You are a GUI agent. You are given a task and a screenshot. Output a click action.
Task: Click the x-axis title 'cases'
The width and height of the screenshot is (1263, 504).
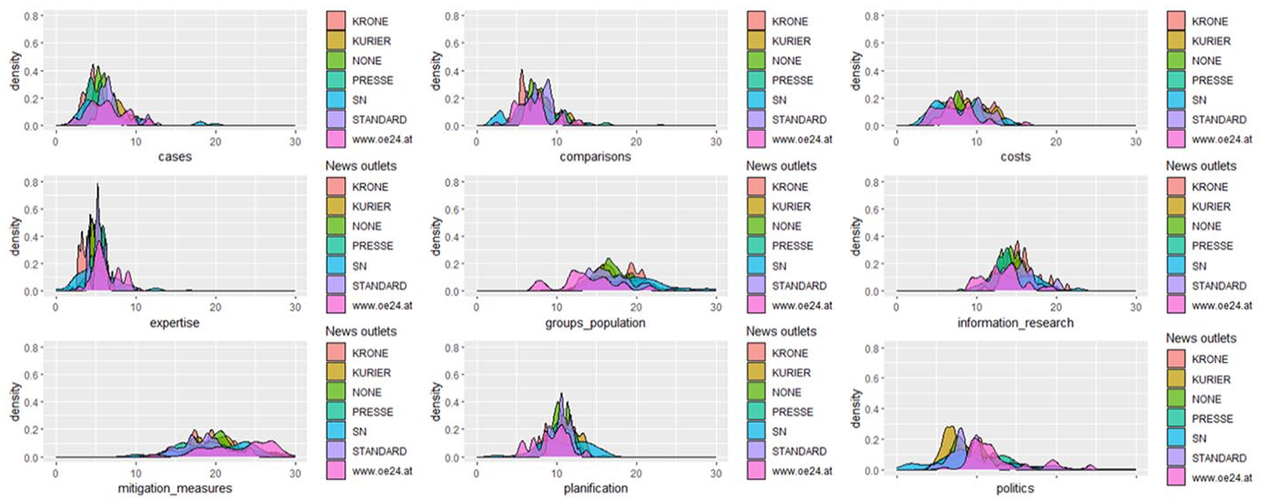click(174, 156)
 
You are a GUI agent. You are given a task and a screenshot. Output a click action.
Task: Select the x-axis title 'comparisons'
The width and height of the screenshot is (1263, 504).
click(596, 156)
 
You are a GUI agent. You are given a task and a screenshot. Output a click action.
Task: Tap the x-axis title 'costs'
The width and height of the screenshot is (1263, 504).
click(1015, 156)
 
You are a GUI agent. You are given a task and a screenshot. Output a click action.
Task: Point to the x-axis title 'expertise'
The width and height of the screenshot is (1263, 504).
click(174, 323)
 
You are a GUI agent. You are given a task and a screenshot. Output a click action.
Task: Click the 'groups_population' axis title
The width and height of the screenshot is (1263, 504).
click(596, 323)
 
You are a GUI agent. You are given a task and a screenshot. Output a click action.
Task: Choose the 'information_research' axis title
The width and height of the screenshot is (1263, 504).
click(1015, 323)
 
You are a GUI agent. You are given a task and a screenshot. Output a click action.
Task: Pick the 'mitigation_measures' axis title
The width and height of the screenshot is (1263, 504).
click(174, 488)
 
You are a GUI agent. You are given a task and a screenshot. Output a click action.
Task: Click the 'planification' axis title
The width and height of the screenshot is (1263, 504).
click(596, 488)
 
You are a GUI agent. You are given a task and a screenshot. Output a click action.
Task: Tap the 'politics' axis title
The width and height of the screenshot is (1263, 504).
click(1015, 488)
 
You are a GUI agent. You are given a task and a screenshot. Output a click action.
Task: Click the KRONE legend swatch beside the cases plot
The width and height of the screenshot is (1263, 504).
click(336, 21)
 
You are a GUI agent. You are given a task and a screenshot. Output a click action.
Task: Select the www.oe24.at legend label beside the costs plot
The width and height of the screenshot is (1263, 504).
click(1222, 139)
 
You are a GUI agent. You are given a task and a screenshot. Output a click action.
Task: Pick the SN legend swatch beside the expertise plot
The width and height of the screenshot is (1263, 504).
click(336, 265)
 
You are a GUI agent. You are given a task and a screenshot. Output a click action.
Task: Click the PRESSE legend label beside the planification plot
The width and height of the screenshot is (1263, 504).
click(793, 412)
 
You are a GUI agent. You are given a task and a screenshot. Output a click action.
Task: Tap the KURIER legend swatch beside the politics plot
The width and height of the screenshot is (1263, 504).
click(1177, 379)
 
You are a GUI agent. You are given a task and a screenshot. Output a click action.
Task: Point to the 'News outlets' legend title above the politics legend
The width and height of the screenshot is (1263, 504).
click(1201, 338)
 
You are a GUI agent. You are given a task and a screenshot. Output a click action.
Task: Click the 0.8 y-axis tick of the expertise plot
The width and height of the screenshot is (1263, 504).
click(31, 182)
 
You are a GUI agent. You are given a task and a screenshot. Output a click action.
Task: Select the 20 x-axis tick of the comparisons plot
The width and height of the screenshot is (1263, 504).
click(636, 142)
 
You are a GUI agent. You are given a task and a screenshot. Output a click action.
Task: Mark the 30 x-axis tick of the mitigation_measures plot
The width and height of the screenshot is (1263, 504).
click(295, 474)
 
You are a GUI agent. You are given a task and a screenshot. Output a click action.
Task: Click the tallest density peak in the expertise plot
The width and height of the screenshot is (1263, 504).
click(97, 185)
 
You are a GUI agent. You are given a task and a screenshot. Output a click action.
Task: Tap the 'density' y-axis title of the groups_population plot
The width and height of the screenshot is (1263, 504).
click(436, 237)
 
